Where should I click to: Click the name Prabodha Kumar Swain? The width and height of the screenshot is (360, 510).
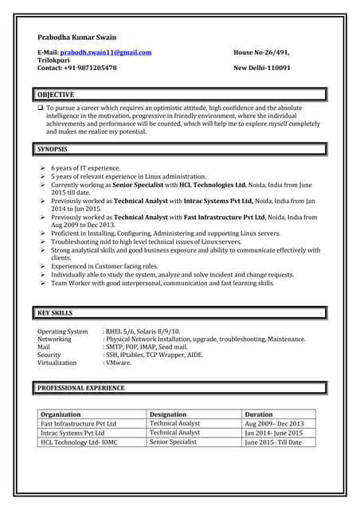click(x=76, y=37)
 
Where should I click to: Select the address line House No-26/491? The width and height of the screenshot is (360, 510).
click(x=261, y=53)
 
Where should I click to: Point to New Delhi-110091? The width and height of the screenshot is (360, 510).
click(x=262, y=69)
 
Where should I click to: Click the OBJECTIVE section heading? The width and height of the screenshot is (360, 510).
click(x=56, y=95)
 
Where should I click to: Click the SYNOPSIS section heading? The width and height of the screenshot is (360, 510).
click(x=53, y=149)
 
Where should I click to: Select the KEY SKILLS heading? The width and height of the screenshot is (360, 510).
click(x=55, y=313)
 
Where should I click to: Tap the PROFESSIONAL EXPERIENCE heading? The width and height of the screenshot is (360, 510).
click(x=81, y=388)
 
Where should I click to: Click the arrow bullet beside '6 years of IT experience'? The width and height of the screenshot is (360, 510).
click(x=43, y=169)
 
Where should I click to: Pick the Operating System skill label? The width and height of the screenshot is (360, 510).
click(x=63, y=331)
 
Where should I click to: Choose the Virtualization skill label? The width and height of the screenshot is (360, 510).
click(x=57, y=363)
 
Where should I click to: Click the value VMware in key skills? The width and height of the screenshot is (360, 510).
click(x=119, y=363)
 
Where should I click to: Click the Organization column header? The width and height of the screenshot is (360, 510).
click(x=61, y=414)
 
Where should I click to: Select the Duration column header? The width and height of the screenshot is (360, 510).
click(x=259, y=414)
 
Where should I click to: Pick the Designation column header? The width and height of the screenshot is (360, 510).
click(x=168, y=414)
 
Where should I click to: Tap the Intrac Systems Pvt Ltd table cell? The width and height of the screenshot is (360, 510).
click(x=72, y=433)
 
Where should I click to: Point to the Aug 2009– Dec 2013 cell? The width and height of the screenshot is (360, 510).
click(x=275, y=424)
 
